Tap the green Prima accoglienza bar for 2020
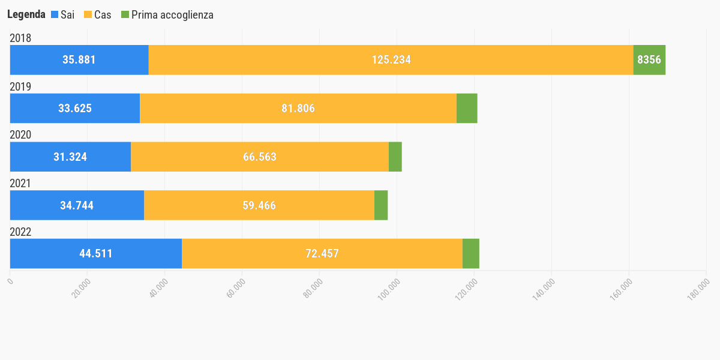click(x=395, y=157)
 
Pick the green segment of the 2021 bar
click(x=381, y=205)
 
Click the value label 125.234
click(x=391, y=60)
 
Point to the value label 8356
click(x=649, y=60)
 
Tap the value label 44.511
click(x=96, y=253)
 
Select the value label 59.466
click(x=259, y=205)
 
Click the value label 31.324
click(x=70, y=157)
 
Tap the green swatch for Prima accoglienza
click(x=125, y=15)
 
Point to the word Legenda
click(x=26, y=15)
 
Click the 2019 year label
click(x=20, y=86)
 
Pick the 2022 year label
click(x=20, y=232)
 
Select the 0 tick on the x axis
click(x=10, y=278)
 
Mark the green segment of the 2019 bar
click(x=467, y=109)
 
